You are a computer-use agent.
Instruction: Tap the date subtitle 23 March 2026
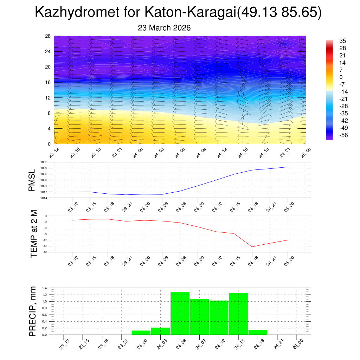pos(164,28)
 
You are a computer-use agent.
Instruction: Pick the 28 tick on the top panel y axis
pos(48,36)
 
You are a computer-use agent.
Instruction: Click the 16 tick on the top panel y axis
pos(48,82)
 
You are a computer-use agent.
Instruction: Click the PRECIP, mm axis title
pos(33,311)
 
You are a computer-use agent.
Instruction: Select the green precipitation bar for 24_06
pos(180,313)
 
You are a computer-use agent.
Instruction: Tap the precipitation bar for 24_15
pos(238,314)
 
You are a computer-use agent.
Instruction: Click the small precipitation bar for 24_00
pos(141,333)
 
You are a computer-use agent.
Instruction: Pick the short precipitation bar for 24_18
pos(258,332)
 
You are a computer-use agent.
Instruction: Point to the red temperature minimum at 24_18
pos(252,246)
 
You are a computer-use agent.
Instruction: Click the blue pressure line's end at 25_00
pos(288,167)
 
